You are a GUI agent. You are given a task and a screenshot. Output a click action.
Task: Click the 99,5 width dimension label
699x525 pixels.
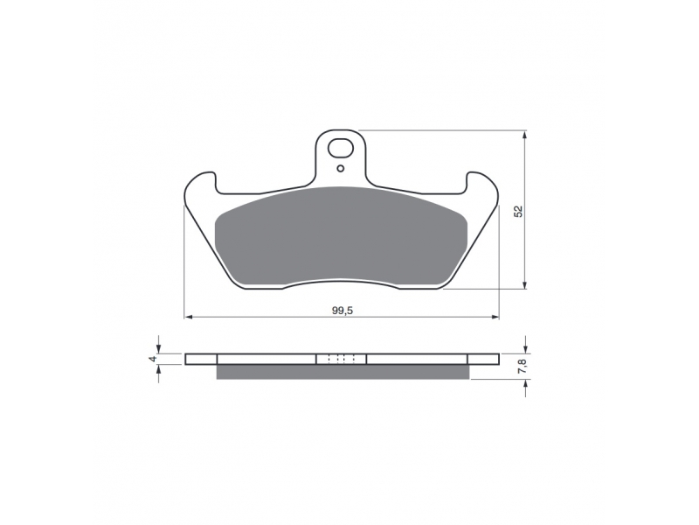point(342,311)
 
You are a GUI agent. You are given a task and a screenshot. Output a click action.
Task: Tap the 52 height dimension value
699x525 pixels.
point(518,211)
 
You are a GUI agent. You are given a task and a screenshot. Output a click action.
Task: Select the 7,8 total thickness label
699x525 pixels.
point(523,366)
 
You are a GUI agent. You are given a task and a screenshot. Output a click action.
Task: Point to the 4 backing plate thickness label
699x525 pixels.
point(152,359)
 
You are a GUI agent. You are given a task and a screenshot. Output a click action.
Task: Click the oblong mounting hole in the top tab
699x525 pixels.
point(341,149)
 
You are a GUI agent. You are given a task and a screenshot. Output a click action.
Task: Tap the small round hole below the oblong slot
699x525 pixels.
point(341,168)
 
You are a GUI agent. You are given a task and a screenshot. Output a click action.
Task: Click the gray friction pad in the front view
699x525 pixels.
point(341,236)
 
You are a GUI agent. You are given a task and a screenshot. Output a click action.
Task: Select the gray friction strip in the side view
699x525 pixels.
point(343,372)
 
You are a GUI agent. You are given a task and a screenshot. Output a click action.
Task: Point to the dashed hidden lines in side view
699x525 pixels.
point(341,359)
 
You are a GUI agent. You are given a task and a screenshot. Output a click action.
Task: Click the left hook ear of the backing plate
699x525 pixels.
point(201,184)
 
